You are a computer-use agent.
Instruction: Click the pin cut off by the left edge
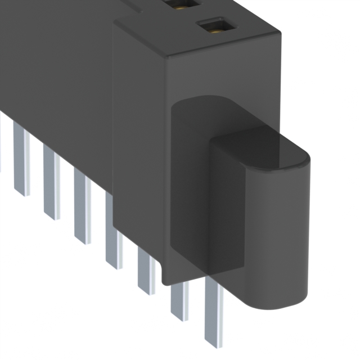(1, 141)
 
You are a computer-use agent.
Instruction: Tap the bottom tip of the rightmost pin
(214, 344)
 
